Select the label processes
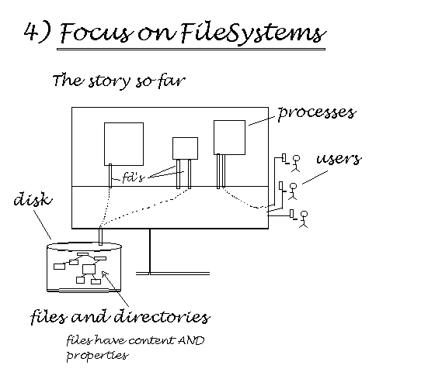click(x=317, y=113)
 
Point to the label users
click(x=339, y=159)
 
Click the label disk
click(x=33, y=198)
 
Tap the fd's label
click(x=134, y=177)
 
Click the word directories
click(x=162, y=316)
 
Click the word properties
click(x=97, y=356)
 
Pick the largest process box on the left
click(x=124, y=144)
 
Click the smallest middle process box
click(x=185, y=148)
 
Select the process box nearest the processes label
click(x=229, y=137)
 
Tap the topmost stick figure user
click(x=296, y=164)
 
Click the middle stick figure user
click(x=293, y=191)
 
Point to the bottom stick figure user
click(x=304, y=219)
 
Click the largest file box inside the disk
click(x=89, y=270)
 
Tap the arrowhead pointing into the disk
click(x=104, y=274)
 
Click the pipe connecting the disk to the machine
click(x=100, y=236)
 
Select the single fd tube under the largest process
click(x=110, y=176)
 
